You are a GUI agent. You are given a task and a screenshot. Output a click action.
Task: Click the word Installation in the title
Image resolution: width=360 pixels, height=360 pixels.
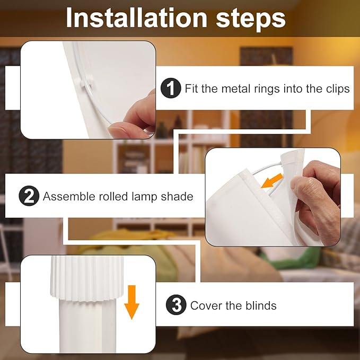click(x=137, y=18)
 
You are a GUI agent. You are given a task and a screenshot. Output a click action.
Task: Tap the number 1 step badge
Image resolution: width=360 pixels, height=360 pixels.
click(x=171, y=88)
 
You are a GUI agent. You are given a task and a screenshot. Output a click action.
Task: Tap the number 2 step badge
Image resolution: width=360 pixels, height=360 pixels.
click(x=29, y=196)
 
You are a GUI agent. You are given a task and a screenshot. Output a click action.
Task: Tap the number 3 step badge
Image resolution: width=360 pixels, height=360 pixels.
click(x=176, y=305)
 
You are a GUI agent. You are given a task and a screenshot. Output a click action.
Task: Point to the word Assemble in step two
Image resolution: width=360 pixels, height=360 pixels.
click(x=69, y=197)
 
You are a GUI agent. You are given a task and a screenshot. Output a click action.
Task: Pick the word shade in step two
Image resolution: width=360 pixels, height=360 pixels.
click(x=177, y=197)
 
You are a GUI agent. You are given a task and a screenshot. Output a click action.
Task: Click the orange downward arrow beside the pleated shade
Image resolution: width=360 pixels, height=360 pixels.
click(x=132, y=302)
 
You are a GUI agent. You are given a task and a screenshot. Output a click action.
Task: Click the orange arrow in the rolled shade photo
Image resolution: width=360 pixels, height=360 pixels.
click(x=272, y=181)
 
